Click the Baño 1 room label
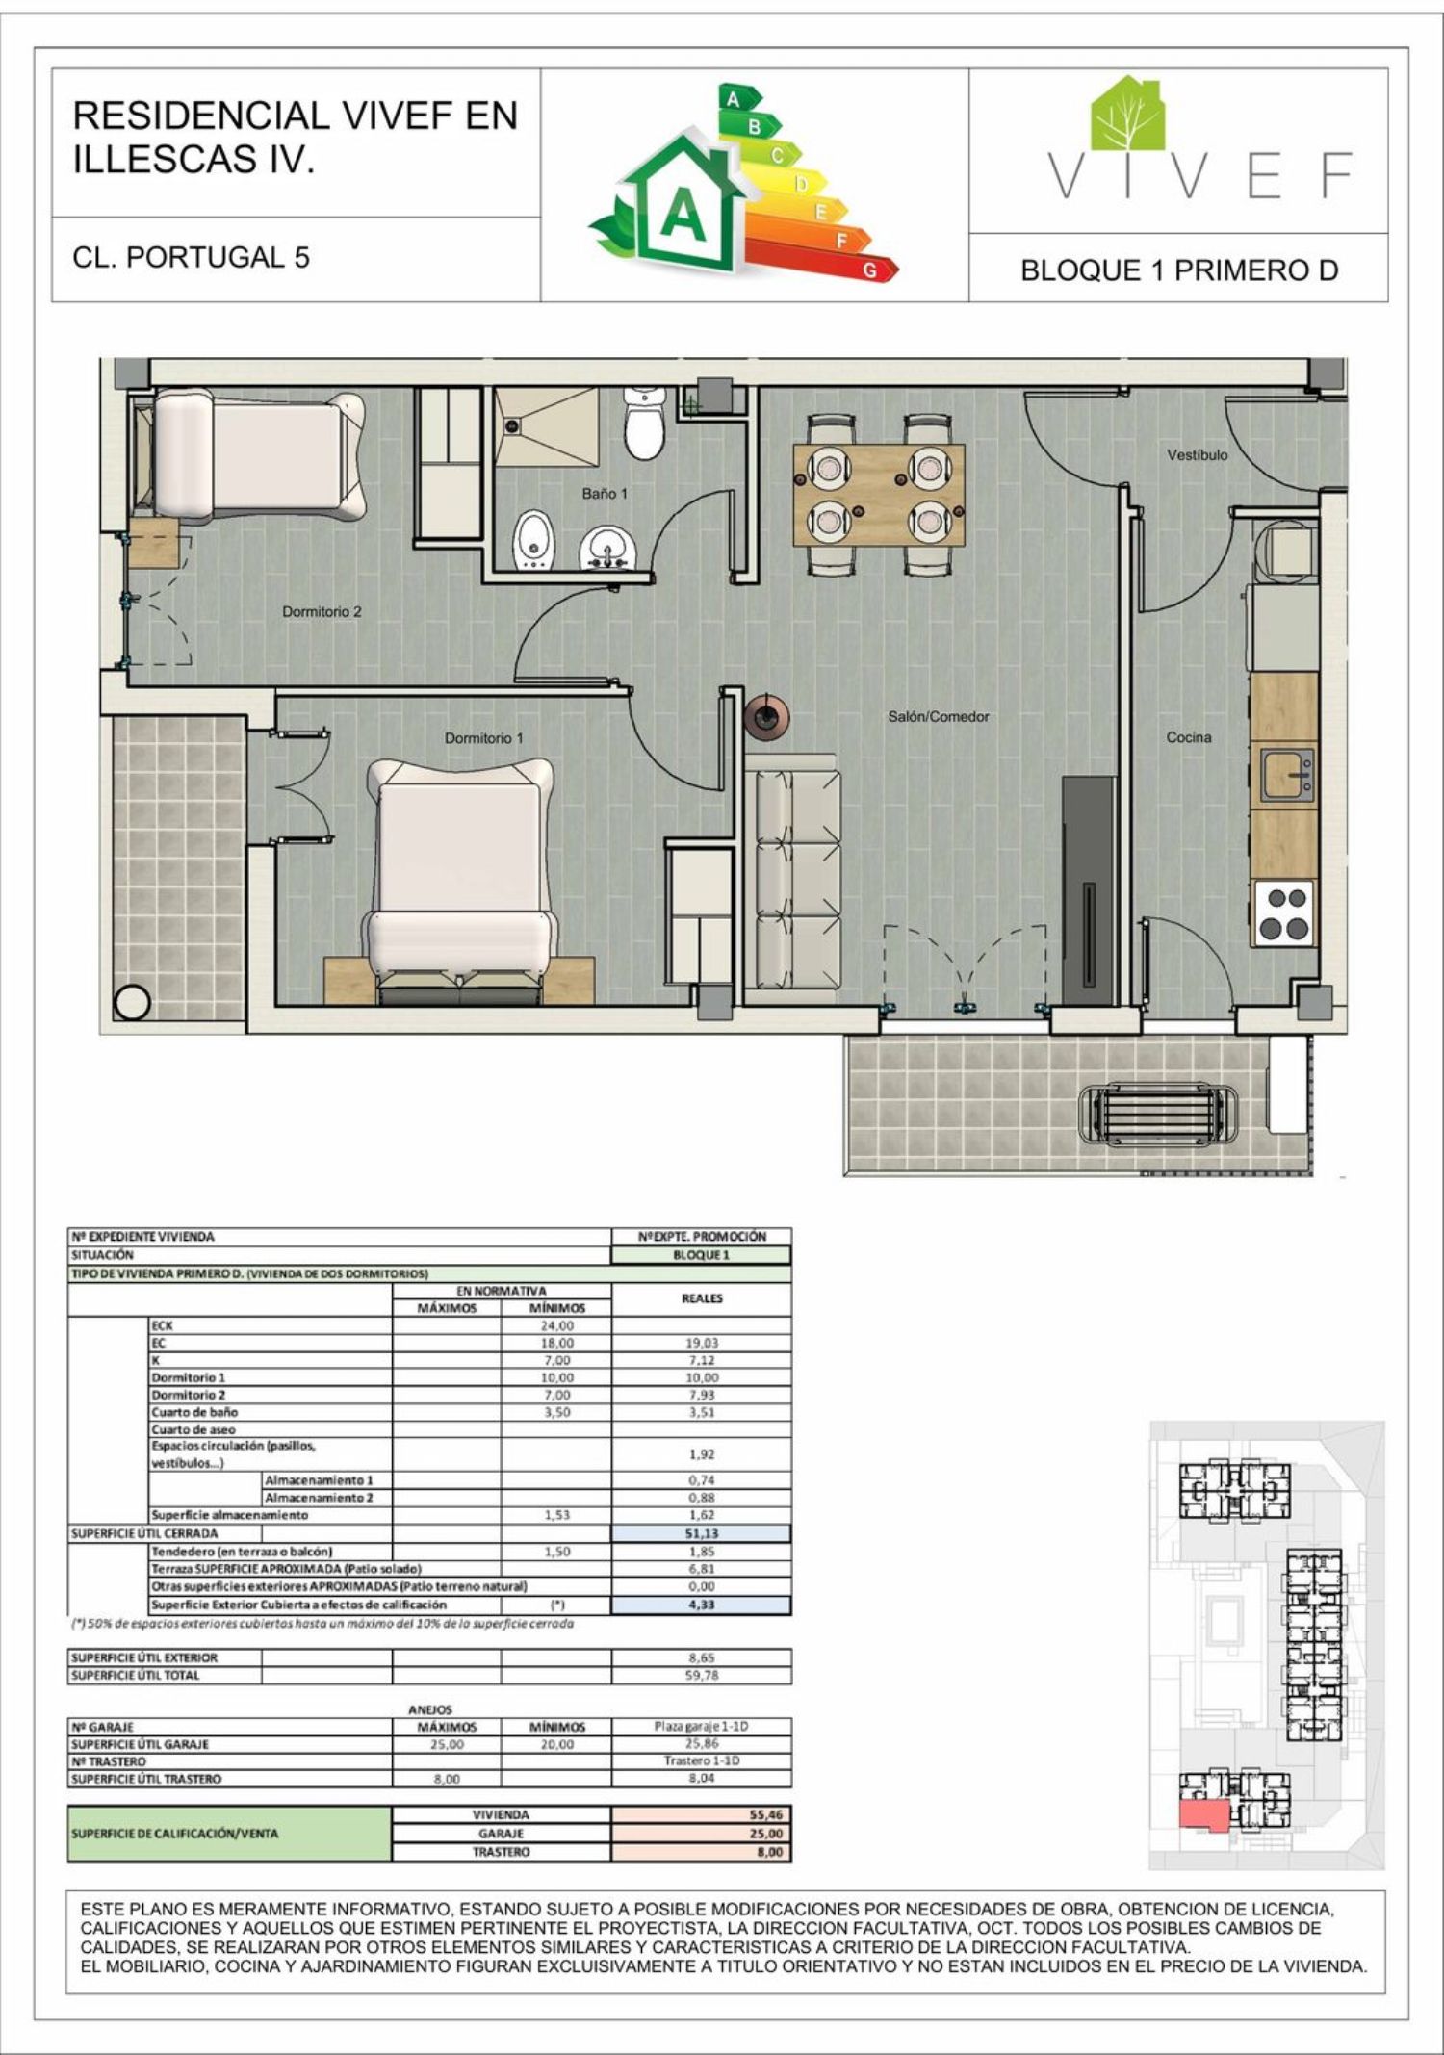tap(605, 494)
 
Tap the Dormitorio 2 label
tap(322, 611)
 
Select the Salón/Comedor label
tap(938, 717)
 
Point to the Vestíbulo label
tap(1198, 455)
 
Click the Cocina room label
tap(1189, 737)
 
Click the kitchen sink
tap(1288, 775)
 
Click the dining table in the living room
tap(879, 495)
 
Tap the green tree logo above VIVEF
tap(1127, 113)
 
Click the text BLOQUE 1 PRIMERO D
tap(1179, 270)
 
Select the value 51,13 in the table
tap(703, 1533)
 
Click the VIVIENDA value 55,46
tap(766, 1814)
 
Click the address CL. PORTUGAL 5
tap(192, 258)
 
